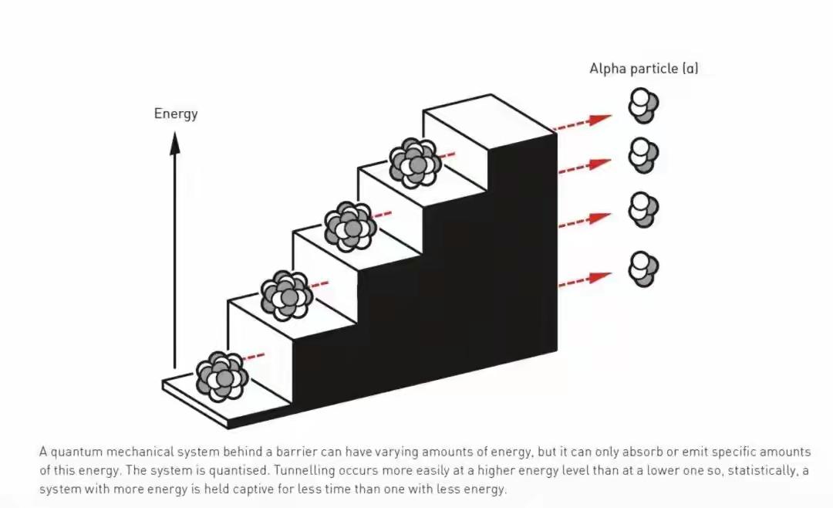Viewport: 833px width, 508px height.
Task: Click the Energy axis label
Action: coord(176,113)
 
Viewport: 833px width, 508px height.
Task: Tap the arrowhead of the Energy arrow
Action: coord(175,143)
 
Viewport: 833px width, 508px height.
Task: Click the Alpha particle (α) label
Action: coord(644,69)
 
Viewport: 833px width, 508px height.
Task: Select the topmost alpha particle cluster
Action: coord(643,105)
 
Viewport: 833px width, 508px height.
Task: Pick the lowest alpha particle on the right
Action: coord(643,269)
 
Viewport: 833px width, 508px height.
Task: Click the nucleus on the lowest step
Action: coord(222,376)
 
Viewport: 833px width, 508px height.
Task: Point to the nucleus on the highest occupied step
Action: coord(415,163)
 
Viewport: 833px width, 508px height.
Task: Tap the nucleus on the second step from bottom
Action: coord(287,295)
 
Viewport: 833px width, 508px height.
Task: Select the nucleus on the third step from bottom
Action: coord(351,227)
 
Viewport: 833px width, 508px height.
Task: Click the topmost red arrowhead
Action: coord(600,119)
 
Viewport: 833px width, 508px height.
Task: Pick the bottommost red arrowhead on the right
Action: coord(600,277)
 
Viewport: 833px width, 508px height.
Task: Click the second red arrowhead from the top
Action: coord(600,164)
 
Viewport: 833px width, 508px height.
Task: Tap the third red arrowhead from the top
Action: coord(600,218)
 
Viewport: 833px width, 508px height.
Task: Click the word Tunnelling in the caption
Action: coord(304,471)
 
